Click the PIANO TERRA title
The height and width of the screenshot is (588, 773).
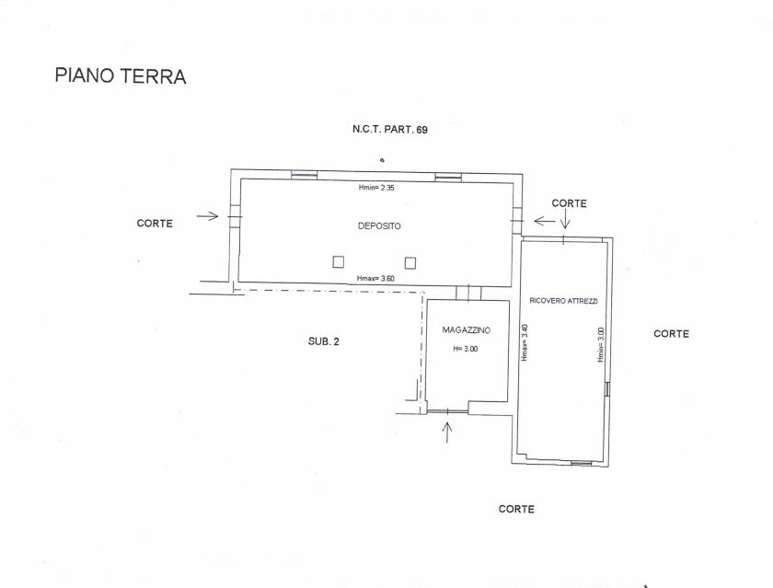[x=121, y=75]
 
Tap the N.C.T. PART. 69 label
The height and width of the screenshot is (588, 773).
[x=390, y=130]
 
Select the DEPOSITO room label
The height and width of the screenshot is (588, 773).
[x=379, y=226]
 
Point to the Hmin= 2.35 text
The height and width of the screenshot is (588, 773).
[x=376, y=188]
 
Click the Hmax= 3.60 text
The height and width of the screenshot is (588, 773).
[x=375, y=279]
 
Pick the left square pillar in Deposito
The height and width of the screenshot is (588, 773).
[x=339, y=262]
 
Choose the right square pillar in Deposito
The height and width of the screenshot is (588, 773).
[x=410, y=262]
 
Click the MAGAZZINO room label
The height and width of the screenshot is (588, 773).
[x=466, y=330]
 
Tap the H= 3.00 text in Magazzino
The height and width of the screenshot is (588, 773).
[x=466, y=349]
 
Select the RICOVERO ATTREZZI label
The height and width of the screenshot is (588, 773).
[x=563, y=301]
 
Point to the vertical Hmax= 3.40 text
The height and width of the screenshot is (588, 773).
[x=525, y=342]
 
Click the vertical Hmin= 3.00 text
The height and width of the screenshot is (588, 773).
[x=600, y=345]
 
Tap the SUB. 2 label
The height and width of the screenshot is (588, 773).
[x=323, y=341]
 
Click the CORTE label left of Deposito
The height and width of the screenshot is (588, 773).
[x=155, y=224]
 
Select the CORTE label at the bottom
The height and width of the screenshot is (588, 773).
[x=516, y=509]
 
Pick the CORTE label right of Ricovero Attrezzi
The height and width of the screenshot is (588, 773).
[x=671, y=334]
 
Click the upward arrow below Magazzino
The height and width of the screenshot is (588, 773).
[x=447, y=432]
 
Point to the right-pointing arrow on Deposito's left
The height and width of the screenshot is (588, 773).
[x=207, y=216]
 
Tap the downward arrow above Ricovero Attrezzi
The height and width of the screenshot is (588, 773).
[x=565, y=218]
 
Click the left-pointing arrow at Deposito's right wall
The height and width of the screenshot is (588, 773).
[x=545, y=221]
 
